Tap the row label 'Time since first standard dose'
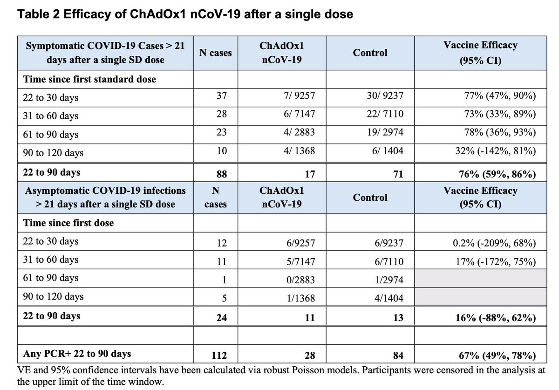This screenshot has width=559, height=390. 89,79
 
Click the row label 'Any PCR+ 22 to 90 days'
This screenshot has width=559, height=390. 77,354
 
